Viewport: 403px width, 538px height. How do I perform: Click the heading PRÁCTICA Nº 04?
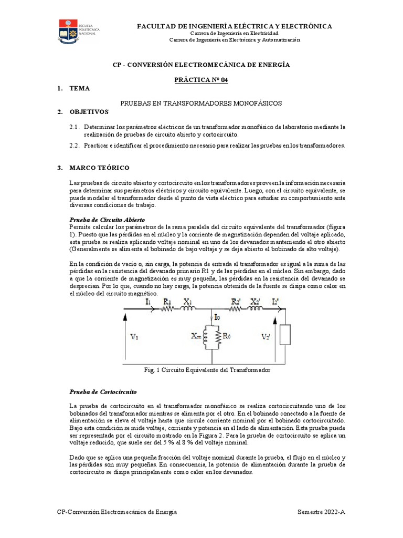coord(201,79)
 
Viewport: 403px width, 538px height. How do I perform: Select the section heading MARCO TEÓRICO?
coord(99,168)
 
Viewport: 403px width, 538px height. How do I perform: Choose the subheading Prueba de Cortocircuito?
coord(103,392)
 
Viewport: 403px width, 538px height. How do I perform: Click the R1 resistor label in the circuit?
coord(166,302)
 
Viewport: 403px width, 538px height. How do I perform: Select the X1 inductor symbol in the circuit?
coord(188,310)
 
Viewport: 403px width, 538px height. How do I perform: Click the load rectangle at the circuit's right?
coord(285,335)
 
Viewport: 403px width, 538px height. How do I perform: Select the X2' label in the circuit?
coord(254,301)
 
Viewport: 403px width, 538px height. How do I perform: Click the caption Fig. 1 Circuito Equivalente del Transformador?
coord(207,370)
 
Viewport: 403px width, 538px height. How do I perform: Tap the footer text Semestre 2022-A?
coord(321,512)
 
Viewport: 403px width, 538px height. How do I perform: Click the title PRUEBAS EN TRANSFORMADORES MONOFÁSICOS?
coord(201,104)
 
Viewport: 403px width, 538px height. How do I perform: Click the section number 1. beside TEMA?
coord(60,88)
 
